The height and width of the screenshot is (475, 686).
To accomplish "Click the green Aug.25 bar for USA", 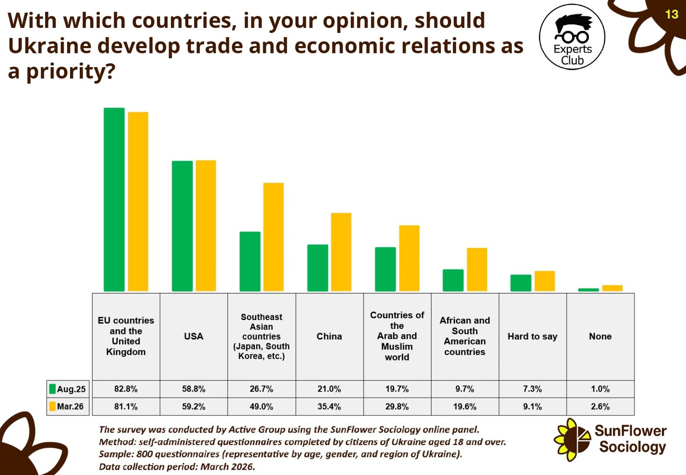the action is [x=182, y=226].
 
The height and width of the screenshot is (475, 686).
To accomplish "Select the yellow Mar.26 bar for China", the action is [x=341, y=252].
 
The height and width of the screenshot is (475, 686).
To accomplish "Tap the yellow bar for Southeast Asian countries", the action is [x=273, y=237].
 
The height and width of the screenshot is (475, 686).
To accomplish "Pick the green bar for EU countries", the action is [x=114, y=199].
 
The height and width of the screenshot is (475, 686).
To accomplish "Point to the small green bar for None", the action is [x=588, y=290].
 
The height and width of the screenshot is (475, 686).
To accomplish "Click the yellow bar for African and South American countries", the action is [x=477, y=270].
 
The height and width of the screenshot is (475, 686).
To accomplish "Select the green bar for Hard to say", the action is [x=520, y=283].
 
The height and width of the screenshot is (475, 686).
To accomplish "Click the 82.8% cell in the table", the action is [x=126, y=389].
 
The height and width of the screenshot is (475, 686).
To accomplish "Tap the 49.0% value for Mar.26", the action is [x=261, y=406].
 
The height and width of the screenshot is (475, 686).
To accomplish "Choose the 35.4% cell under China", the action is [x=329, y=406].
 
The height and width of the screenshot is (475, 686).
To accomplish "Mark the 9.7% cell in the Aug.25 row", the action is [x=465, y=389].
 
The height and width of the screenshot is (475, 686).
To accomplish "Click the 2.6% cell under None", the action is [x=600, y=406].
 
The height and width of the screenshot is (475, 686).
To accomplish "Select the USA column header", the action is [x=194, y=336].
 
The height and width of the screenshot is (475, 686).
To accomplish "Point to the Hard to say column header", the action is [x=533, y=336].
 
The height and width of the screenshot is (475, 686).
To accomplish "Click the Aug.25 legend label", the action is [x=71, y=389].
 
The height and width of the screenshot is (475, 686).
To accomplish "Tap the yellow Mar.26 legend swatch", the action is [x=52, y=406].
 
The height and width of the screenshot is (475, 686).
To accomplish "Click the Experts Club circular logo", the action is [x=572, y=37].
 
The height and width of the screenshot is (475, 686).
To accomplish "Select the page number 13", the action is [x=672, y=14].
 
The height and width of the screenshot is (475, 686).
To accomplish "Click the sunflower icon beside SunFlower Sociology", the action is [x=572, y=440].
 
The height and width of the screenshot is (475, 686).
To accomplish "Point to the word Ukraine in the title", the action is [x=50, y=46].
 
